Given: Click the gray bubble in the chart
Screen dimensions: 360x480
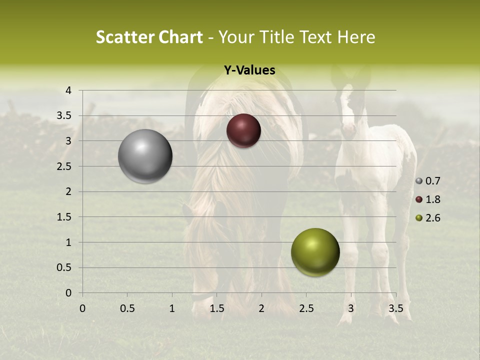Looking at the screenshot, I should tap(145, 156).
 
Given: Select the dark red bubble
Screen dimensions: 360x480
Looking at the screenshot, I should tap(243, 130).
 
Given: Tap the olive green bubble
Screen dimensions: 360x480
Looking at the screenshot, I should tap(315, 252).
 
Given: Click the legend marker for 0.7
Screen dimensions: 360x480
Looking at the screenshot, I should tap(419, 181).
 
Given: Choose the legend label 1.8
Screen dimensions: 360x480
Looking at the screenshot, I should tap(433, 199).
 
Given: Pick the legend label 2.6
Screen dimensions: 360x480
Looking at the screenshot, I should tap(433, 218).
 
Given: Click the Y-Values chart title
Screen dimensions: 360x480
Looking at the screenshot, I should tap(249, 70).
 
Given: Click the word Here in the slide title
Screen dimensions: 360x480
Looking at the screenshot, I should tap(356, 37).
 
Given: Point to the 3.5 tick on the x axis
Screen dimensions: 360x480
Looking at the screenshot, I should tap(396, 308).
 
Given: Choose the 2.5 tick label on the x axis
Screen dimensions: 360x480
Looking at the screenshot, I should tap(306, 308).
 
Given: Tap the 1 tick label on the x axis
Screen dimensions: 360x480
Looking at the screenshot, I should tap(172, 308).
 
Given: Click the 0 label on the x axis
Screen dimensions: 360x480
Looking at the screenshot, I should tap(82, 308).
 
